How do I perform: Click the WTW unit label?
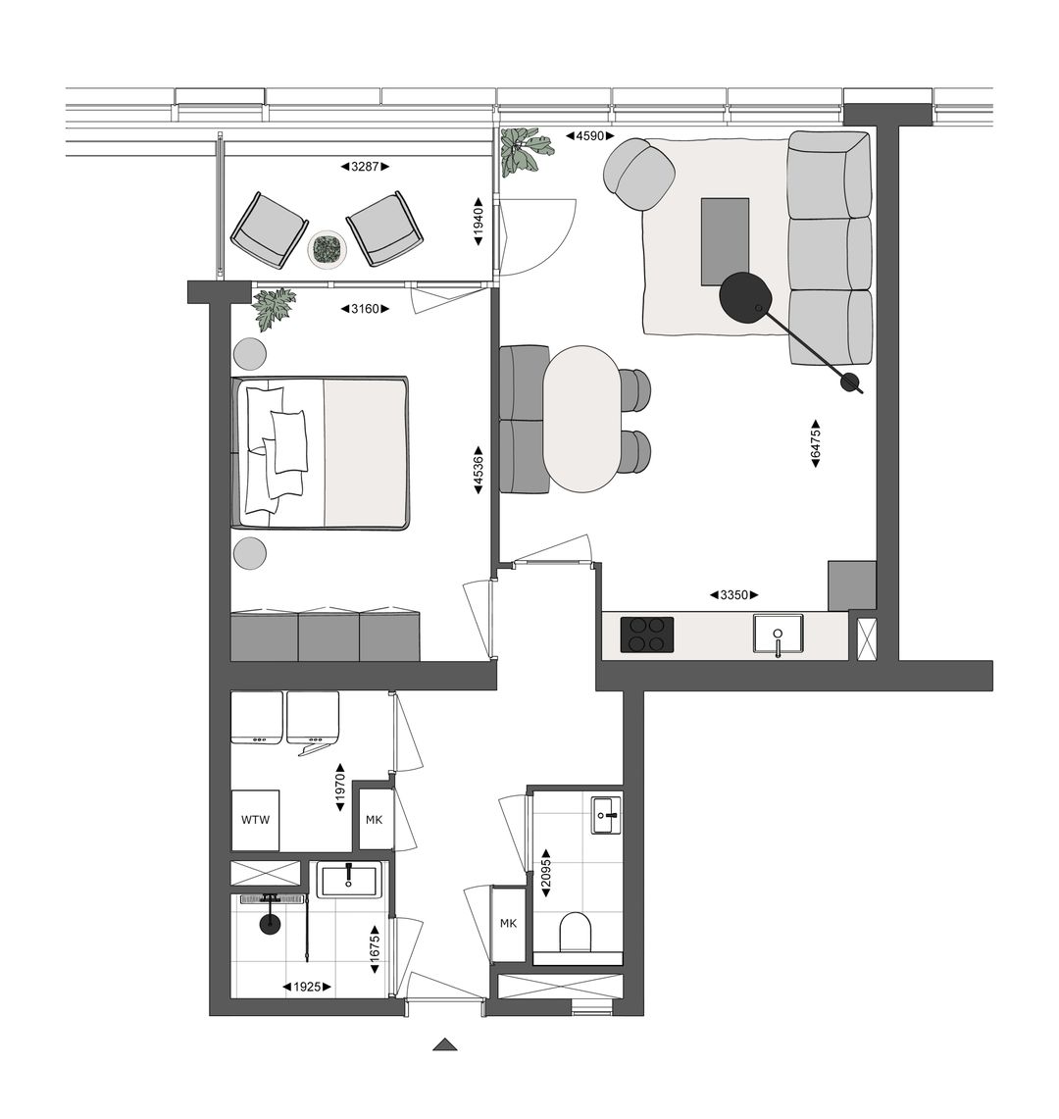coord(255,821)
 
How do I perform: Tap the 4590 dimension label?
coord(588,136)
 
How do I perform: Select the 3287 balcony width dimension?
coord(365,167)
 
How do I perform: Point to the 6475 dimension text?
coord(815,445)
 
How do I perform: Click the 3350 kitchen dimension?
coord(733,595)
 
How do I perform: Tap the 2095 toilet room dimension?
coord(545,868)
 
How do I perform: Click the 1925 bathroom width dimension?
coord(306,987)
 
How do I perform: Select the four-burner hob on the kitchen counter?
coord(647,635)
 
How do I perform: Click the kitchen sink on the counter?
coord(778,634)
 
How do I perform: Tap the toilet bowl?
coord(576,932)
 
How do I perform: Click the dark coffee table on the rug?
coord(725,241)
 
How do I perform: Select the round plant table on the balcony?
coord(327,250)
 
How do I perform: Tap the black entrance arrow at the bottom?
coord(445,1044)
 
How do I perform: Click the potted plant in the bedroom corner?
coord(274,308)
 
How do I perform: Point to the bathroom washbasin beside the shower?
coord(349,879)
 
